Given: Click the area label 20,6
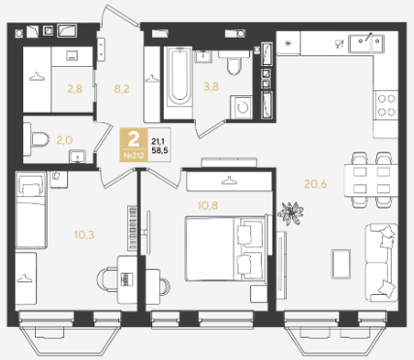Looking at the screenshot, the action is tap(315, 184).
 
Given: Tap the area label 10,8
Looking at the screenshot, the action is tap(207, 206).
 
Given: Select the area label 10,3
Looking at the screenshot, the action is tap(84, 235).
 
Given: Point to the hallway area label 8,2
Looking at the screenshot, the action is tap(121, 88).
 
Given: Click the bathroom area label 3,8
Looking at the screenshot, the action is tap(210, 86).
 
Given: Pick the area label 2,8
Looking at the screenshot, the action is tap(75, 88).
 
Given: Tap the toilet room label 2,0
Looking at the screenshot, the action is tap(64, 140).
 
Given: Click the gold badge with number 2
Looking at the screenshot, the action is tap(134, 145).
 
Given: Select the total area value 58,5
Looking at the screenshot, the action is tap(160, 150).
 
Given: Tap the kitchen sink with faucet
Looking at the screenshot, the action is tap(366, 44).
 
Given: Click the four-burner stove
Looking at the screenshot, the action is tap(387, 105).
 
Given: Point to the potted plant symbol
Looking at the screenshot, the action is tap(291, 213).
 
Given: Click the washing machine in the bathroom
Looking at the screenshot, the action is tap(241, 107).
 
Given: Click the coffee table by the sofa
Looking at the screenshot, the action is tap(341, 264).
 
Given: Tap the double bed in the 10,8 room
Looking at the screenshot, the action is tap(226, 248).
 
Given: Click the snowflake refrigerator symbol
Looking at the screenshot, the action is tap(288, 43).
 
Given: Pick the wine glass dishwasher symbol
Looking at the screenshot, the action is tap(338, 44).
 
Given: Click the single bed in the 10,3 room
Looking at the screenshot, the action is tap(31, 210).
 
